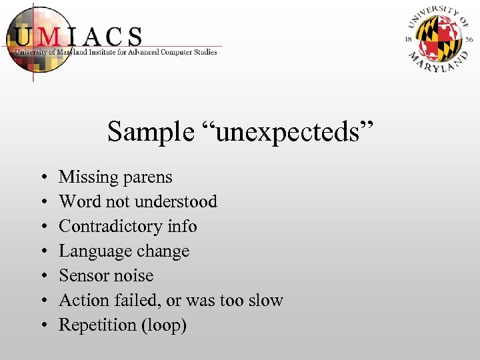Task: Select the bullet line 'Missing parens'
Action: (115, 177)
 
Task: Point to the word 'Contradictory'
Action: (111, 226)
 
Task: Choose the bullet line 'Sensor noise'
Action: (106, 275)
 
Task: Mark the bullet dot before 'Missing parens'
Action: (43, 178)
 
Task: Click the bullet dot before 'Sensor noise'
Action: (43, 276)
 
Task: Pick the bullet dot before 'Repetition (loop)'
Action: (43, 325)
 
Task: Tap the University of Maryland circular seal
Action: (439, 39)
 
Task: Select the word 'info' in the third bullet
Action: (182, 226)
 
